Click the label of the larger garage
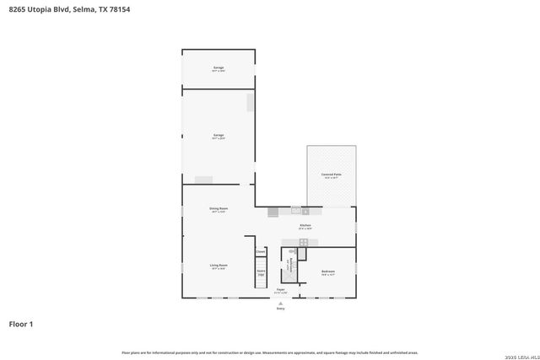coord(219,136)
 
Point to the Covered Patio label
coord(330,175)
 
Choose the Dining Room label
coord(219,209)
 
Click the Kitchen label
coord(305,226)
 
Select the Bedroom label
coord(328,271)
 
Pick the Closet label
coord(261,252)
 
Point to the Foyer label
coord(280,290)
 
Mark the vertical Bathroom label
coord(289,265)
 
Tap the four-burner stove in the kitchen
coord(303,242)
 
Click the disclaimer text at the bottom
coord(270,352)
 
